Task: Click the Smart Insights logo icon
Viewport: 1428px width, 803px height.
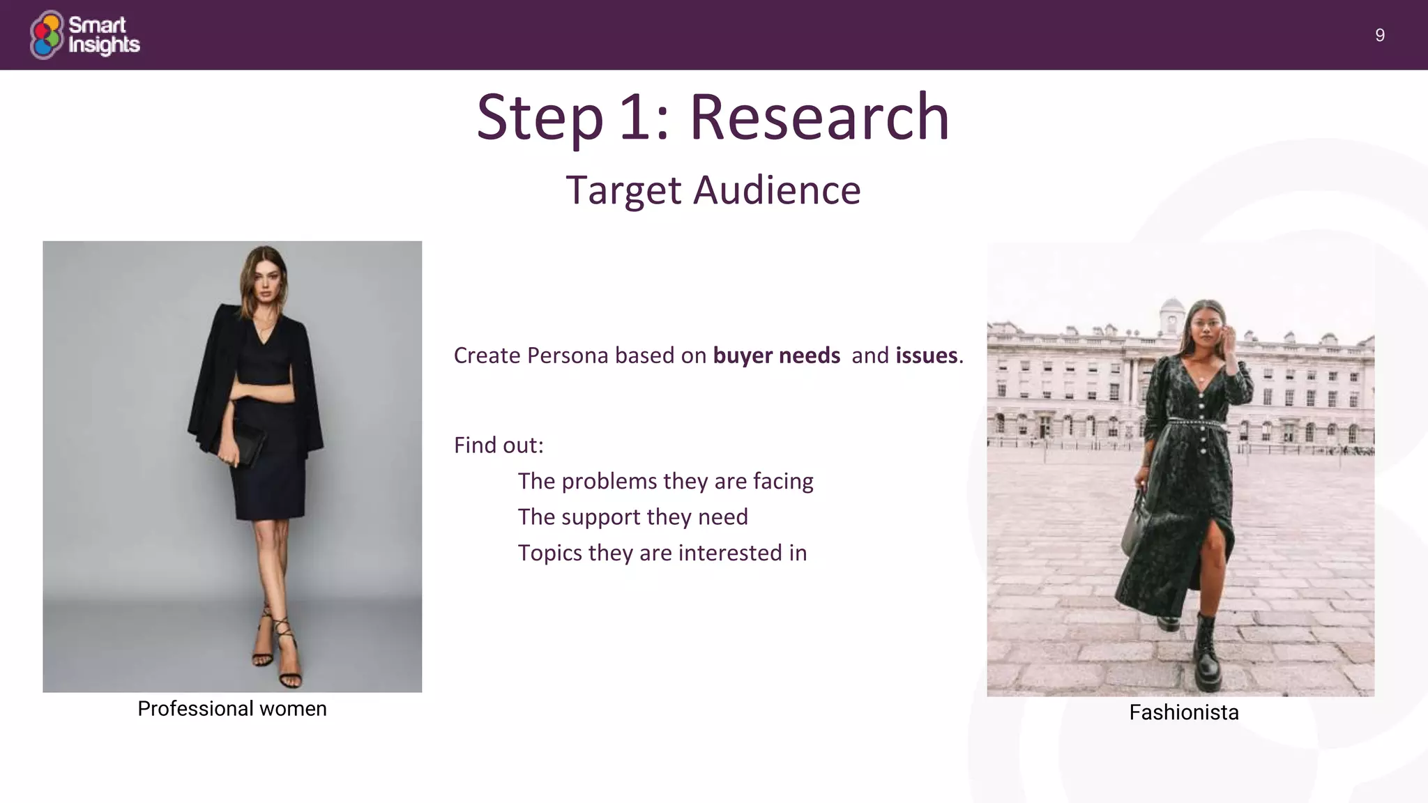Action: [47, 35]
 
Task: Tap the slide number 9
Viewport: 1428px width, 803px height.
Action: [1379, 36]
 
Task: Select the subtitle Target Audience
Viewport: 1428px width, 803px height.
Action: [713, 190]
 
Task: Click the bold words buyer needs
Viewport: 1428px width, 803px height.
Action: [776, 355]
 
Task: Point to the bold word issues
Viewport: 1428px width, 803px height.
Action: [926, 355]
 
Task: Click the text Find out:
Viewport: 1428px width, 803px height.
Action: [499, 445]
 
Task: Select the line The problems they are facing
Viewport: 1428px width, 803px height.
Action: [665, 481]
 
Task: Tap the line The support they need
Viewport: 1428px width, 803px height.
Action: [632, 517]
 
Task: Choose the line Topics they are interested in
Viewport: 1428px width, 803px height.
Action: [662, 553]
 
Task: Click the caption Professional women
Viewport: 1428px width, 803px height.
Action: [232, 709]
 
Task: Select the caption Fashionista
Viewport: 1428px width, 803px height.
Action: [1183, 712]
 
